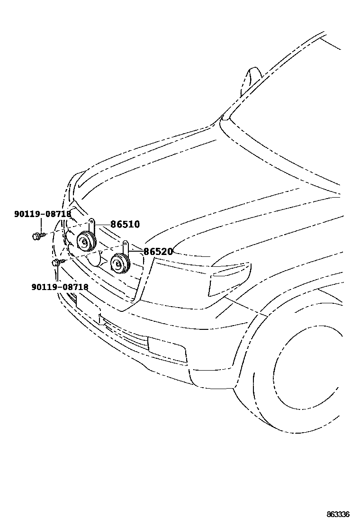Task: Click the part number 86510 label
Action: pos(125,224)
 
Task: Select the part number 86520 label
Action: pos(158,252)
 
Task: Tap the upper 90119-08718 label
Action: pos(43,214)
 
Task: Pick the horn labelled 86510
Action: pos(86,242)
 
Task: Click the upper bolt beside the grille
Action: pos(37,235)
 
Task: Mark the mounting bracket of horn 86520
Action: pos(125,247)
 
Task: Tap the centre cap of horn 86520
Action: pos(117,263)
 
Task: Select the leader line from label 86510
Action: pos(103,224)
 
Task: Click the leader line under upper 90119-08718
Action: pos(41,225)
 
